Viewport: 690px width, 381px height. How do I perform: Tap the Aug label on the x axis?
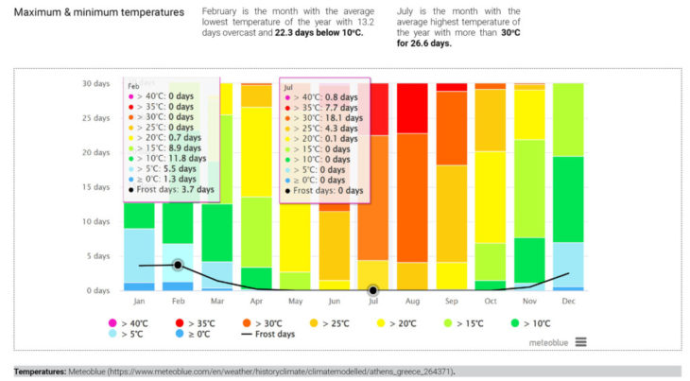[x=411, y=302]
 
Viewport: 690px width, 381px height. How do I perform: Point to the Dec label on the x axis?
[x=568, y=302]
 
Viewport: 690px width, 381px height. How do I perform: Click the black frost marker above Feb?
[x=178, y=265]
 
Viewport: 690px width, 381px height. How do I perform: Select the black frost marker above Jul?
[x=373, y=290]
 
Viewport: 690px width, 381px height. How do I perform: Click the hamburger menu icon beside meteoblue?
[x=580, y=342]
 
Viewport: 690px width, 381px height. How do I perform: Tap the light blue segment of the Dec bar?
[x=568, y=265]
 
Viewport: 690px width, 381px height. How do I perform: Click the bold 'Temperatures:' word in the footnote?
[x=39, y=371]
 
